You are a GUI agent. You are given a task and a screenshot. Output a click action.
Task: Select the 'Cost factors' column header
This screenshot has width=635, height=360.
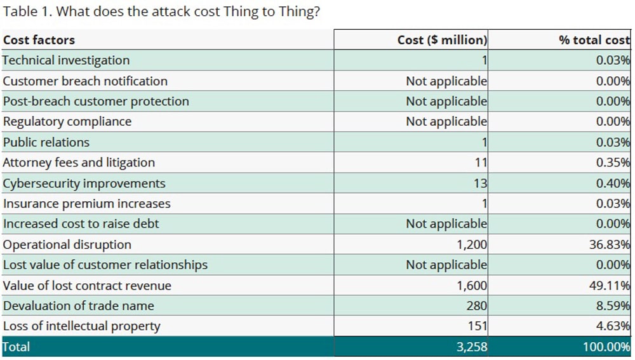(x=39, y=40)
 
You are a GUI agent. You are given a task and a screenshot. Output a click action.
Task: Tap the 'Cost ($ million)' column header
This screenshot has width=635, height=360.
(x=442, y=40)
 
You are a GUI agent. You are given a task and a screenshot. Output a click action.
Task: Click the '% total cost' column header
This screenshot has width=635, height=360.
(x=594, y=40)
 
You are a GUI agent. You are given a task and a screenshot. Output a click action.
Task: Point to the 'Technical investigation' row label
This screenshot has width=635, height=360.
(x=66, y=60)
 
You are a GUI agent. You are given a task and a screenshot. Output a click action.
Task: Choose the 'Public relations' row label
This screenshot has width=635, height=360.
(x=46, y=142)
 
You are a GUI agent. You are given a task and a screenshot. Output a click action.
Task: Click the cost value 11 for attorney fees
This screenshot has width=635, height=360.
(x=480, y=163)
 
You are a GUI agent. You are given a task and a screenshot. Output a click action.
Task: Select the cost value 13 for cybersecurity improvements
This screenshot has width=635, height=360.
(x=480, y=183)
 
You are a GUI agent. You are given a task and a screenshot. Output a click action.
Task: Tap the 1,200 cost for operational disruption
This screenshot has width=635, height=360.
(x=472, y=244)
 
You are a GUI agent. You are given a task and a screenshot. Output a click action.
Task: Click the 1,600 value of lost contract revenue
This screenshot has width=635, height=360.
(x=472, y=286)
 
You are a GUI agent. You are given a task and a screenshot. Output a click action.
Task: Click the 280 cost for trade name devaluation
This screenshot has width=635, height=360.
(x=476, y=306)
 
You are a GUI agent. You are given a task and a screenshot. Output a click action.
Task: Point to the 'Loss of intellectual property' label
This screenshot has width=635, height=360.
(x=82, y=326)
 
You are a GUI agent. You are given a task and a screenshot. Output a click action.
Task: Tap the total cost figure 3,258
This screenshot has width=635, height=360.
(x=472, y=347)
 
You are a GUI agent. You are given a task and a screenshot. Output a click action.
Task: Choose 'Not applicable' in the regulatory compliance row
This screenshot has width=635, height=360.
(x=446, y=122)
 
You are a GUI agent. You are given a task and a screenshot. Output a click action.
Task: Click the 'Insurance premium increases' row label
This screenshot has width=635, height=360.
(x=87, y=204)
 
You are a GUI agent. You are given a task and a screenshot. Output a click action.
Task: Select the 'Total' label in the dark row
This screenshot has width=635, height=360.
(x=17, y=347)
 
